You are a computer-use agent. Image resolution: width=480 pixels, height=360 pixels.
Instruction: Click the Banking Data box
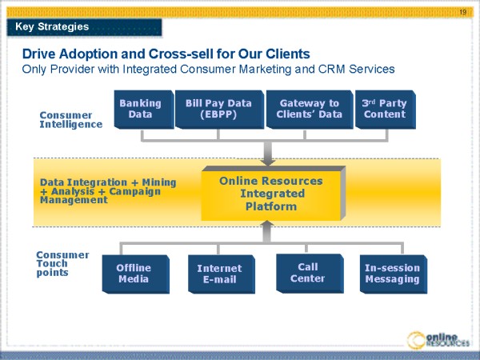point(140,109)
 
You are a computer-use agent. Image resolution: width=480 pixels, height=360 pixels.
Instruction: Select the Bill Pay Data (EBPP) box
point(218,109)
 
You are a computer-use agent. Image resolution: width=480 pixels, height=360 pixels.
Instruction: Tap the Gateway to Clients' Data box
point(309,109)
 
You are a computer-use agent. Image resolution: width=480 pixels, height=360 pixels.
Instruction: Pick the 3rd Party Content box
point(384,109)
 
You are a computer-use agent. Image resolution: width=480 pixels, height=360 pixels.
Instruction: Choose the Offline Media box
point(133,274)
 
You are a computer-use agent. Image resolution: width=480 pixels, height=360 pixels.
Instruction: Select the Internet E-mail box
point(219,274)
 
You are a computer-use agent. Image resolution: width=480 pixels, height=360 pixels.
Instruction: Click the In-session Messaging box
point(392,274)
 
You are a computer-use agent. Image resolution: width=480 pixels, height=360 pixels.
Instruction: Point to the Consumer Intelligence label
point(70,119)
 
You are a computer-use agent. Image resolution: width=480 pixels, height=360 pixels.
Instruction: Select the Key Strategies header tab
point(52,27)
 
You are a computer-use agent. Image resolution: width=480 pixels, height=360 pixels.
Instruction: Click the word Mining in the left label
point(160,182)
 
